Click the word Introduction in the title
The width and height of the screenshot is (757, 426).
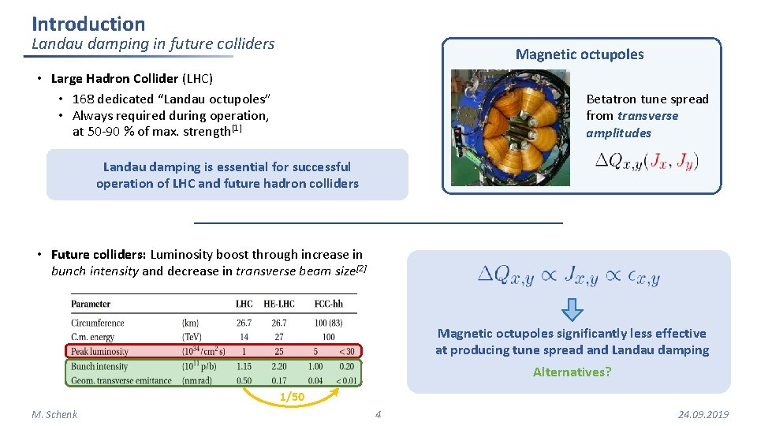click(x=88, y=24)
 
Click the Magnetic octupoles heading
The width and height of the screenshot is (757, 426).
click(x=580, y=54)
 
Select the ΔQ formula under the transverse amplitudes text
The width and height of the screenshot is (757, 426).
click(x=647, y=161)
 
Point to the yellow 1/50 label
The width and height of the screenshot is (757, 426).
click(x=292, y=397)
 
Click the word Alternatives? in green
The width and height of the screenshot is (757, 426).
click(x=572, y=372)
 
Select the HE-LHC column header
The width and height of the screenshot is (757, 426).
click(x=279, y=304)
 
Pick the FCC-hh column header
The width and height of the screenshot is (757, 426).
click(x=330, y=304)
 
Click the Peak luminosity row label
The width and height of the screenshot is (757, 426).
click(x=99, y=351)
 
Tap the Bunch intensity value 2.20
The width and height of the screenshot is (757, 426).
click(x=279, y=366)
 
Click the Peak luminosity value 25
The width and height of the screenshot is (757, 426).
click(x=279, y=351)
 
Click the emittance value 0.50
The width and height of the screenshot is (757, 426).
click(x=244, y=381)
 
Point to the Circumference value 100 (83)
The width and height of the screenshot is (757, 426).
click(x=330, y=323)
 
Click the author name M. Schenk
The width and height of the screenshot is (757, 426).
click(x=54, y=414)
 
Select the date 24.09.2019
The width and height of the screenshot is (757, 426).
click(x=703, y=414)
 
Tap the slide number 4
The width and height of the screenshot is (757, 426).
click(x=378, y=414)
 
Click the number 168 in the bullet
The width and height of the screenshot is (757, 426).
click(x=83, y=99)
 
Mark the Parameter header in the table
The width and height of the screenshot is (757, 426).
click(x=91, y=304)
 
